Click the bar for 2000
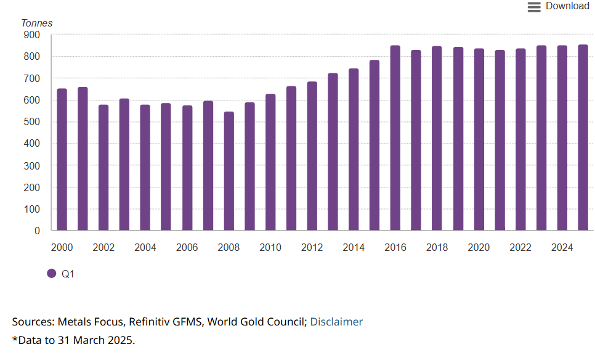pos(62,160)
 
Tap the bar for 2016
pos(395,138)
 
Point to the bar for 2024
pos(562,138)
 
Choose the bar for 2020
pos(479,140)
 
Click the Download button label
pos(567,6)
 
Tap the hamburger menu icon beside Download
pos(534,7)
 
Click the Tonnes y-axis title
pos(37,23)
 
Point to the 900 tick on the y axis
pos(33,35)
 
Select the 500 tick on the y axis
pos(33,122)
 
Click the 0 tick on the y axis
pos(37,231)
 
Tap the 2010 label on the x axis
pos(270,248)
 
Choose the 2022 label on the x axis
pos(520,248)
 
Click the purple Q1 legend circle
pos(52,274)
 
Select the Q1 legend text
pos(68,274)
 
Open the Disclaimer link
pos(336,322)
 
